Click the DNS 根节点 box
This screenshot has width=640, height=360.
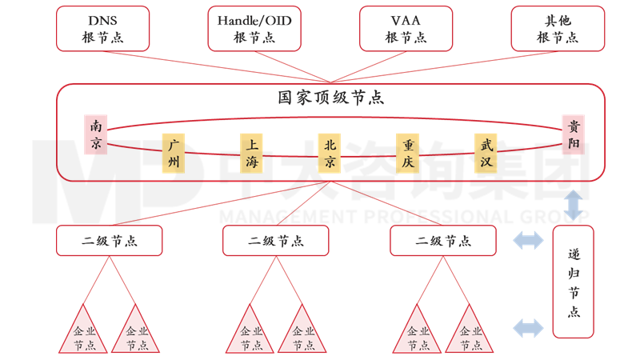pos(103,28)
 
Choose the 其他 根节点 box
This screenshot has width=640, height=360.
pos(557,28)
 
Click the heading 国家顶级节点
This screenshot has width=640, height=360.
pos(330,98)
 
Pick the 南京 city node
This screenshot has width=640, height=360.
pos(96,134)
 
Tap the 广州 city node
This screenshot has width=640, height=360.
pos(173,154)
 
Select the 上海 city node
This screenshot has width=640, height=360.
pos(251,154)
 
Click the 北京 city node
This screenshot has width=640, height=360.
pos(330,154)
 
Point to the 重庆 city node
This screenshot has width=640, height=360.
pos(408,154)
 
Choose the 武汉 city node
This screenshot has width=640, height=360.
pos(486,154)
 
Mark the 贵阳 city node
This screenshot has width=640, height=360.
pos(574,134)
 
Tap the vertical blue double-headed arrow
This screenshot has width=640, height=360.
pos(574,205)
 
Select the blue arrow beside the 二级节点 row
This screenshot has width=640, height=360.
pos(527,239)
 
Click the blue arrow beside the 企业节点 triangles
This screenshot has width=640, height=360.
pos(527,326)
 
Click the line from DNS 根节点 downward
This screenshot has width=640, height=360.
pos(216,66)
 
